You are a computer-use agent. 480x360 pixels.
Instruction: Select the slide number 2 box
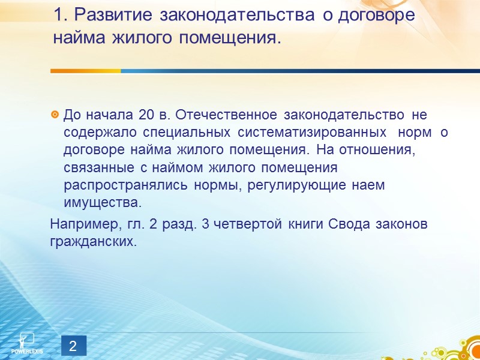[x=73, y=346]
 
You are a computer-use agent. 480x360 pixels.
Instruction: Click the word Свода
[x=347, y=224]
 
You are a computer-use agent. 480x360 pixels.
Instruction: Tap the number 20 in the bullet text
[x=146, y=114]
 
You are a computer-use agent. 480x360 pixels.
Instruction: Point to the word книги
[x=308, y=224]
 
